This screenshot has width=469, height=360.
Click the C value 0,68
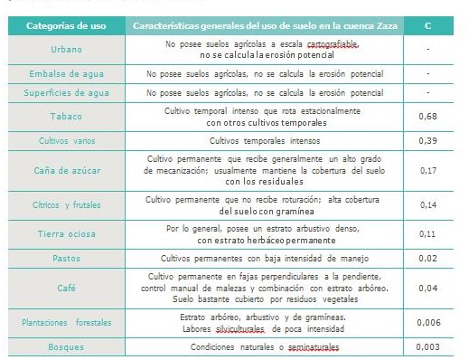[427, 117]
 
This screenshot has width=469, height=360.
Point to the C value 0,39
[427, 141]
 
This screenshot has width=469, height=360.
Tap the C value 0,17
[427, 168]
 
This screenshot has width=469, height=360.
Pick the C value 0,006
[427, 322]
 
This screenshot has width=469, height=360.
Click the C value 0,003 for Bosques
[427, 346]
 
